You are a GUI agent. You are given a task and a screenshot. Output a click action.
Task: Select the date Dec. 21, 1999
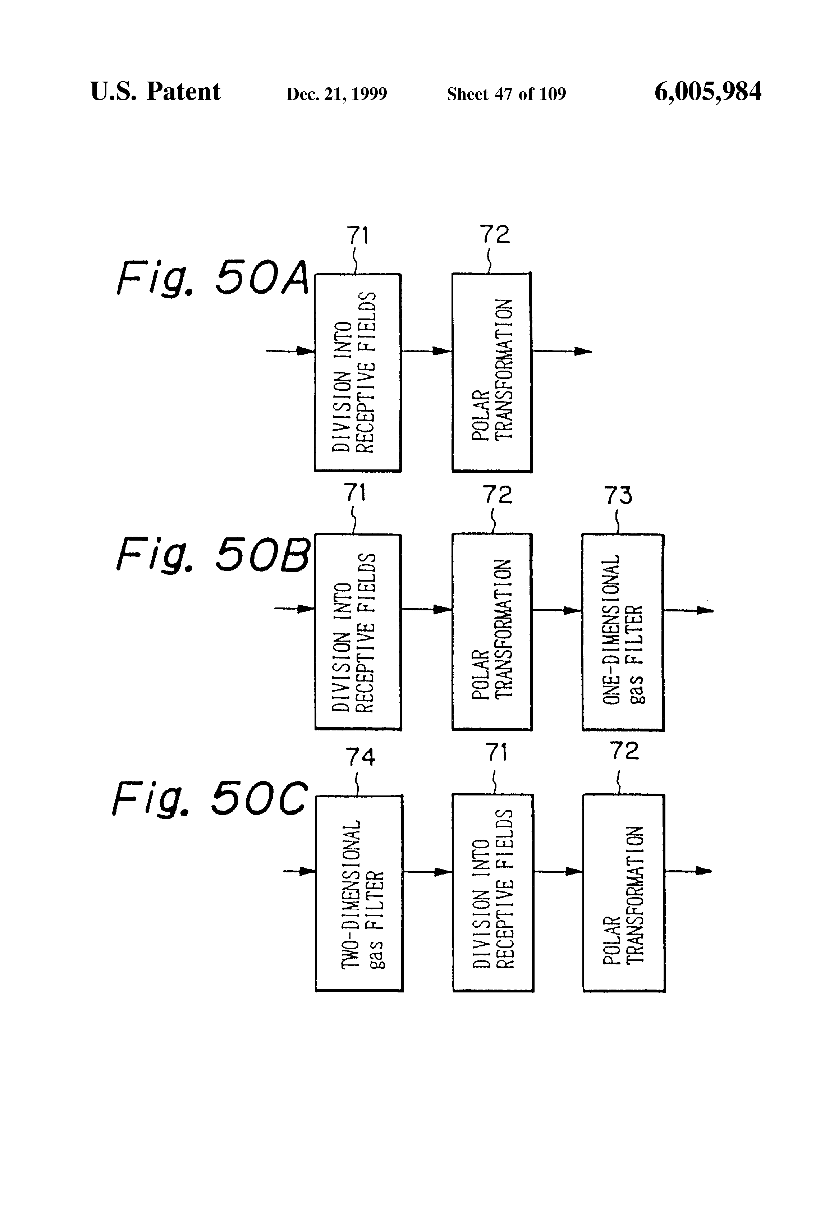tap(336, 94)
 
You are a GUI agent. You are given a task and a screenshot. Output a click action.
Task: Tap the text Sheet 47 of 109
tap(506, 94)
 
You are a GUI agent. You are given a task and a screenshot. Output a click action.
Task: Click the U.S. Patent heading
tap(155, 92)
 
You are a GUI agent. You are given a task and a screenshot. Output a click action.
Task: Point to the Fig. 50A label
tap(212, 278)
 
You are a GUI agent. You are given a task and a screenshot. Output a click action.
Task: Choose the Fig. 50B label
tap(212, 555)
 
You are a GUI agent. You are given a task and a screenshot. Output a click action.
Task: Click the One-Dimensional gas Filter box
tap(623, 632)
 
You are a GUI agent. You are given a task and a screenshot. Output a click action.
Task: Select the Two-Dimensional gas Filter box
tap(359, 894)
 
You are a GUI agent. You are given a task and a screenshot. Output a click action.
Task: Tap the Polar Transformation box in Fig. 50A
tap(491, 372)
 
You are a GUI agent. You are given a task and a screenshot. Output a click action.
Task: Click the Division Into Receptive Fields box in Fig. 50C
tap(493, 894)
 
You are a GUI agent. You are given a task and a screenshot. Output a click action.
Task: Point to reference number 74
tap(360, 757)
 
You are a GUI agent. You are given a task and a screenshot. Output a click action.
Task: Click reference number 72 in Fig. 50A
tap(495, 235)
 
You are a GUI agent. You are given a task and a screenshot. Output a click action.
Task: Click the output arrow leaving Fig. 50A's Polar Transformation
tap(562, 351)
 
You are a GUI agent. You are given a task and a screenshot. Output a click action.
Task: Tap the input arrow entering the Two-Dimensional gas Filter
tap(299, 871)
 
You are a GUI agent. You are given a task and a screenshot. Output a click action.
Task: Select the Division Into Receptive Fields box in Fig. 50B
tap(358, 632)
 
